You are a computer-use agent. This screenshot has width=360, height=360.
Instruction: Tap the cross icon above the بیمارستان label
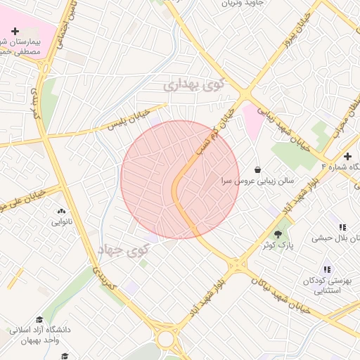tap(15, 31)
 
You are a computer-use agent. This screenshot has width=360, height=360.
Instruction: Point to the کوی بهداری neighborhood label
tap(194, 84)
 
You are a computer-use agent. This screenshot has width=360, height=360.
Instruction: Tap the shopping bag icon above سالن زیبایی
tap(258, 169)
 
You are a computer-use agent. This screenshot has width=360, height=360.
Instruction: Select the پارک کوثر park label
tap(281, 245)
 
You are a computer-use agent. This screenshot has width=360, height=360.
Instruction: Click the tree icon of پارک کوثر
tap(280, 233)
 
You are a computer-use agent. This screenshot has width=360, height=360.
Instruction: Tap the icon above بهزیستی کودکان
tap(327, 269)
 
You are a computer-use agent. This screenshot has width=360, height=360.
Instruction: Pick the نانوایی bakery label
tap(62, 222)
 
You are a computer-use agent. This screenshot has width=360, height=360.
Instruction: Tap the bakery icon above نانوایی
tap(61, 210)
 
